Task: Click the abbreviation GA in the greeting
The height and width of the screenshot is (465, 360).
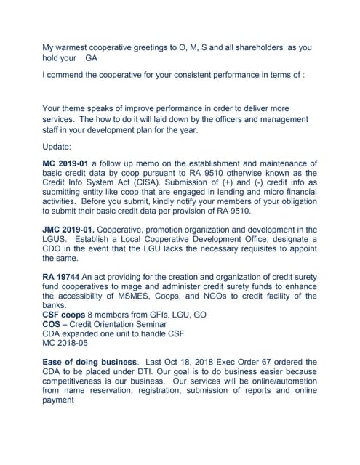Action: point(92,57)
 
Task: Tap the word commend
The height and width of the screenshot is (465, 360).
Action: point(71,75)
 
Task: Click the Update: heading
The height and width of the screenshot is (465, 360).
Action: point(57,146)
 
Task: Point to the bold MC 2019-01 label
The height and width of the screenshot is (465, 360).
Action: point(66,163)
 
